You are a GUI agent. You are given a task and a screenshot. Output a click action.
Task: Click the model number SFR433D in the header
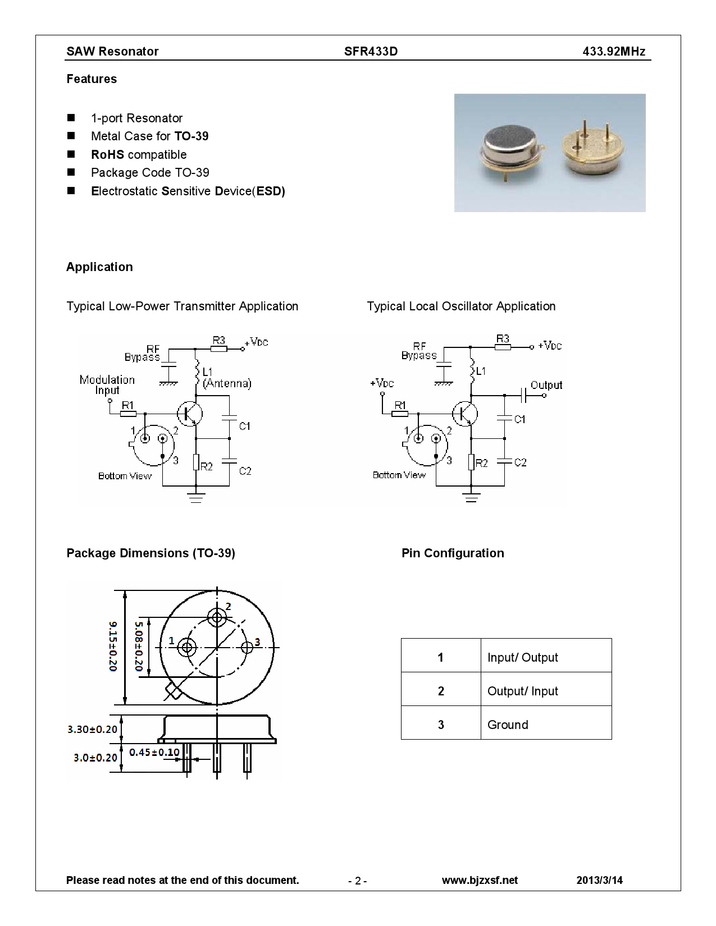(371, 52)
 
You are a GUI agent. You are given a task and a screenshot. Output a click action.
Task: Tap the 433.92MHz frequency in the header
(614, 52)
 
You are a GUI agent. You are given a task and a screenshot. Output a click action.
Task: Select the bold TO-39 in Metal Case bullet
(191, 136)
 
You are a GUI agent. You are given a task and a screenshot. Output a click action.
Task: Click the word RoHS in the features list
(107, 155)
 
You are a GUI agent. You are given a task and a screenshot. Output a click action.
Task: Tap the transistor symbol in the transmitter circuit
(190, 414)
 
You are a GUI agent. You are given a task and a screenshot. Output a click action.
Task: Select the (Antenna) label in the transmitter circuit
(227, 383)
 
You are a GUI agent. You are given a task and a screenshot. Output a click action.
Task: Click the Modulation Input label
(107, 384)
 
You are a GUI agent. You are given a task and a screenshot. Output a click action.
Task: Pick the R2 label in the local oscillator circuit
(481, 463)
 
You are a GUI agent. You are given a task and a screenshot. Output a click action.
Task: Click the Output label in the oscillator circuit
(546, 385)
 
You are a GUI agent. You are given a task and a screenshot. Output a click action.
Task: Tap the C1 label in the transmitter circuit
(244, 426)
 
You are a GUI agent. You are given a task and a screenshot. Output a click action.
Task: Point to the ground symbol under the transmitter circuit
(196, 496)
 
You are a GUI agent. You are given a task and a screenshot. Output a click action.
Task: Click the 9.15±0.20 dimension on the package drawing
(113, 646)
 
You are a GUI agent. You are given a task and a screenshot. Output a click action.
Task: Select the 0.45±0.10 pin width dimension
(154, 752)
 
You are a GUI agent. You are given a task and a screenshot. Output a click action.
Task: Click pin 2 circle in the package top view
(217, 618)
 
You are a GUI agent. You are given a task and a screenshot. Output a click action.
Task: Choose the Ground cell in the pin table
(508, 725)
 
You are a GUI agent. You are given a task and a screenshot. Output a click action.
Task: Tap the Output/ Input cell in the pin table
(522, 691)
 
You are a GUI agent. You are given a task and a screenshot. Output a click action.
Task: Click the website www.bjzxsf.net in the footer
(480, 880)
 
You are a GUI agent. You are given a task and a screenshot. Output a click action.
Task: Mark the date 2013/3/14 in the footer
(599, 880)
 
